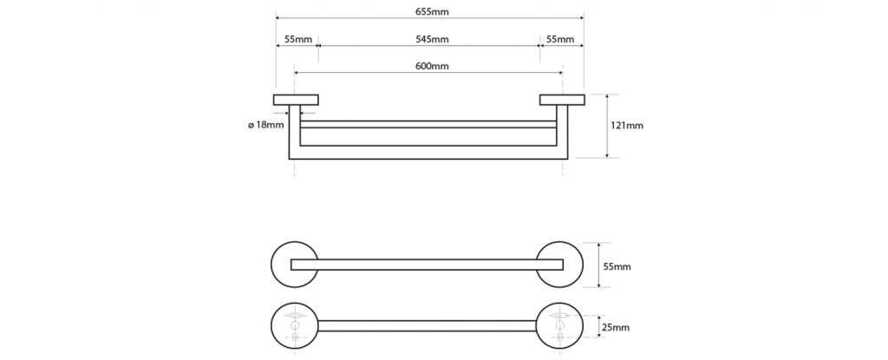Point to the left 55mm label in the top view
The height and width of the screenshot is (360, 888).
(297, 40)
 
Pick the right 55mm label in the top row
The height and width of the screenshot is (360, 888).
(560, 40)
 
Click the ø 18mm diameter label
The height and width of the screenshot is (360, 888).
(265, 125)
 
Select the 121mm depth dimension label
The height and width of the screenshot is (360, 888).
(627, 125)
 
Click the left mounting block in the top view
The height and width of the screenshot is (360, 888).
(296, 99)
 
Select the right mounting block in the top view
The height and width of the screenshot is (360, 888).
(562, 99)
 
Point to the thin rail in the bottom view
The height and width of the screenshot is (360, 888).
(428, 325)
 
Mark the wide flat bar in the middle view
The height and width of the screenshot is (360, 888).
(428, 265)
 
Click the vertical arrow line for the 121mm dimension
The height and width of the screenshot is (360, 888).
(607, 125)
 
